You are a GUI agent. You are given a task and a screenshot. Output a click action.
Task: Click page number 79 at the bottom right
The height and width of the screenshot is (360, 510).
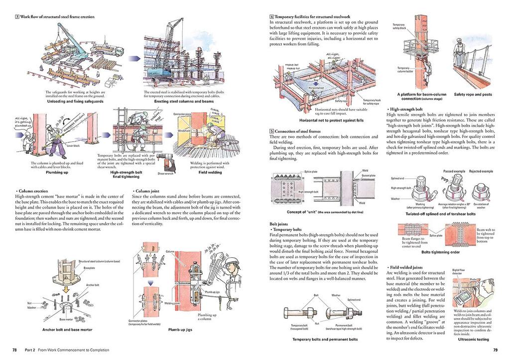click(x=495, y=350)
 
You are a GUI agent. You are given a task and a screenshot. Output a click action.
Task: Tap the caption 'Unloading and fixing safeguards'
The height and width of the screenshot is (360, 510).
click(x=75, y=101)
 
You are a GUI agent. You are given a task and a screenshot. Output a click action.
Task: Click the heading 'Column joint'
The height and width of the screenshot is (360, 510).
click(x=148, y=191)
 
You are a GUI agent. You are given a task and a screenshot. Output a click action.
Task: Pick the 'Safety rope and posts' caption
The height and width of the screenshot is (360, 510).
click(x=473, y=94)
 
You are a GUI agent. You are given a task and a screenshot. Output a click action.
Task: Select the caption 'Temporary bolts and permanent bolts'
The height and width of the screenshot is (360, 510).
click(x=325, y=339)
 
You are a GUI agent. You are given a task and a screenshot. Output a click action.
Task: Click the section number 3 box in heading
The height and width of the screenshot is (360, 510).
click(x=17, y=16)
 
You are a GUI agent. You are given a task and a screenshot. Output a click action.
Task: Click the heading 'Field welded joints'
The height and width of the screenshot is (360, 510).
click(x=407, y=267)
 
